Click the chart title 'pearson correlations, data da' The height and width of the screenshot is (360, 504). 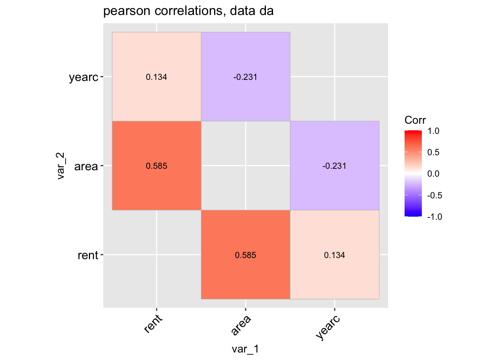(188, 11)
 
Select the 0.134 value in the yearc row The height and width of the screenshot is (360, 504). (156, 77)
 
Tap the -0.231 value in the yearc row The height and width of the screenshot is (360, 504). (245, 77)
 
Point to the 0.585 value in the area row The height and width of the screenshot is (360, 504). (156, 166)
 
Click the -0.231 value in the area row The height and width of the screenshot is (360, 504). (334, 166)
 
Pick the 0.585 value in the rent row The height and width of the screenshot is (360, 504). (245, 255)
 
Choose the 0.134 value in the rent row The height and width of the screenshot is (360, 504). (334, 255)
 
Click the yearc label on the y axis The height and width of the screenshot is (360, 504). (83, 78)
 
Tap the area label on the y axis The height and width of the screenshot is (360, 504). (86, 166)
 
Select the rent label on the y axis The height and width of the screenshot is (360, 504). (88, 255)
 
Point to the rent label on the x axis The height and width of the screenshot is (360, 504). (153, 324)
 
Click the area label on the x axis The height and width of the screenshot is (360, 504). (241, 325)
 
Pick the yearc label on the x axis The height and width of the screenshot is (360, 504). (328, 327)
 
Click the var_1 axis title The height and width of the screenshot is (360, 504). (245, 349)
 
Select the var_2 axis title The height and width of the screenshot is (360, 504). (61, 166)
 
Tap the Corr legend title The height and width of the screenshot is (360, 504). (415, 120)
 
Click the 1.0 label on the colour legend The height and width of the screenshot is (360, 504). (433, 131)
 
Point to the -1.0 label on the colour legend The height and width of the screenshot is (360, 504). (434, 217)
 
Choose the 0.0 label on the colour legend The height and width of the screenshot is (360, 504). (433, 174)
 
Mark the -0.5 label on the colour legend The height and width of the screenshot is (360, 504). (434, 195)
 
